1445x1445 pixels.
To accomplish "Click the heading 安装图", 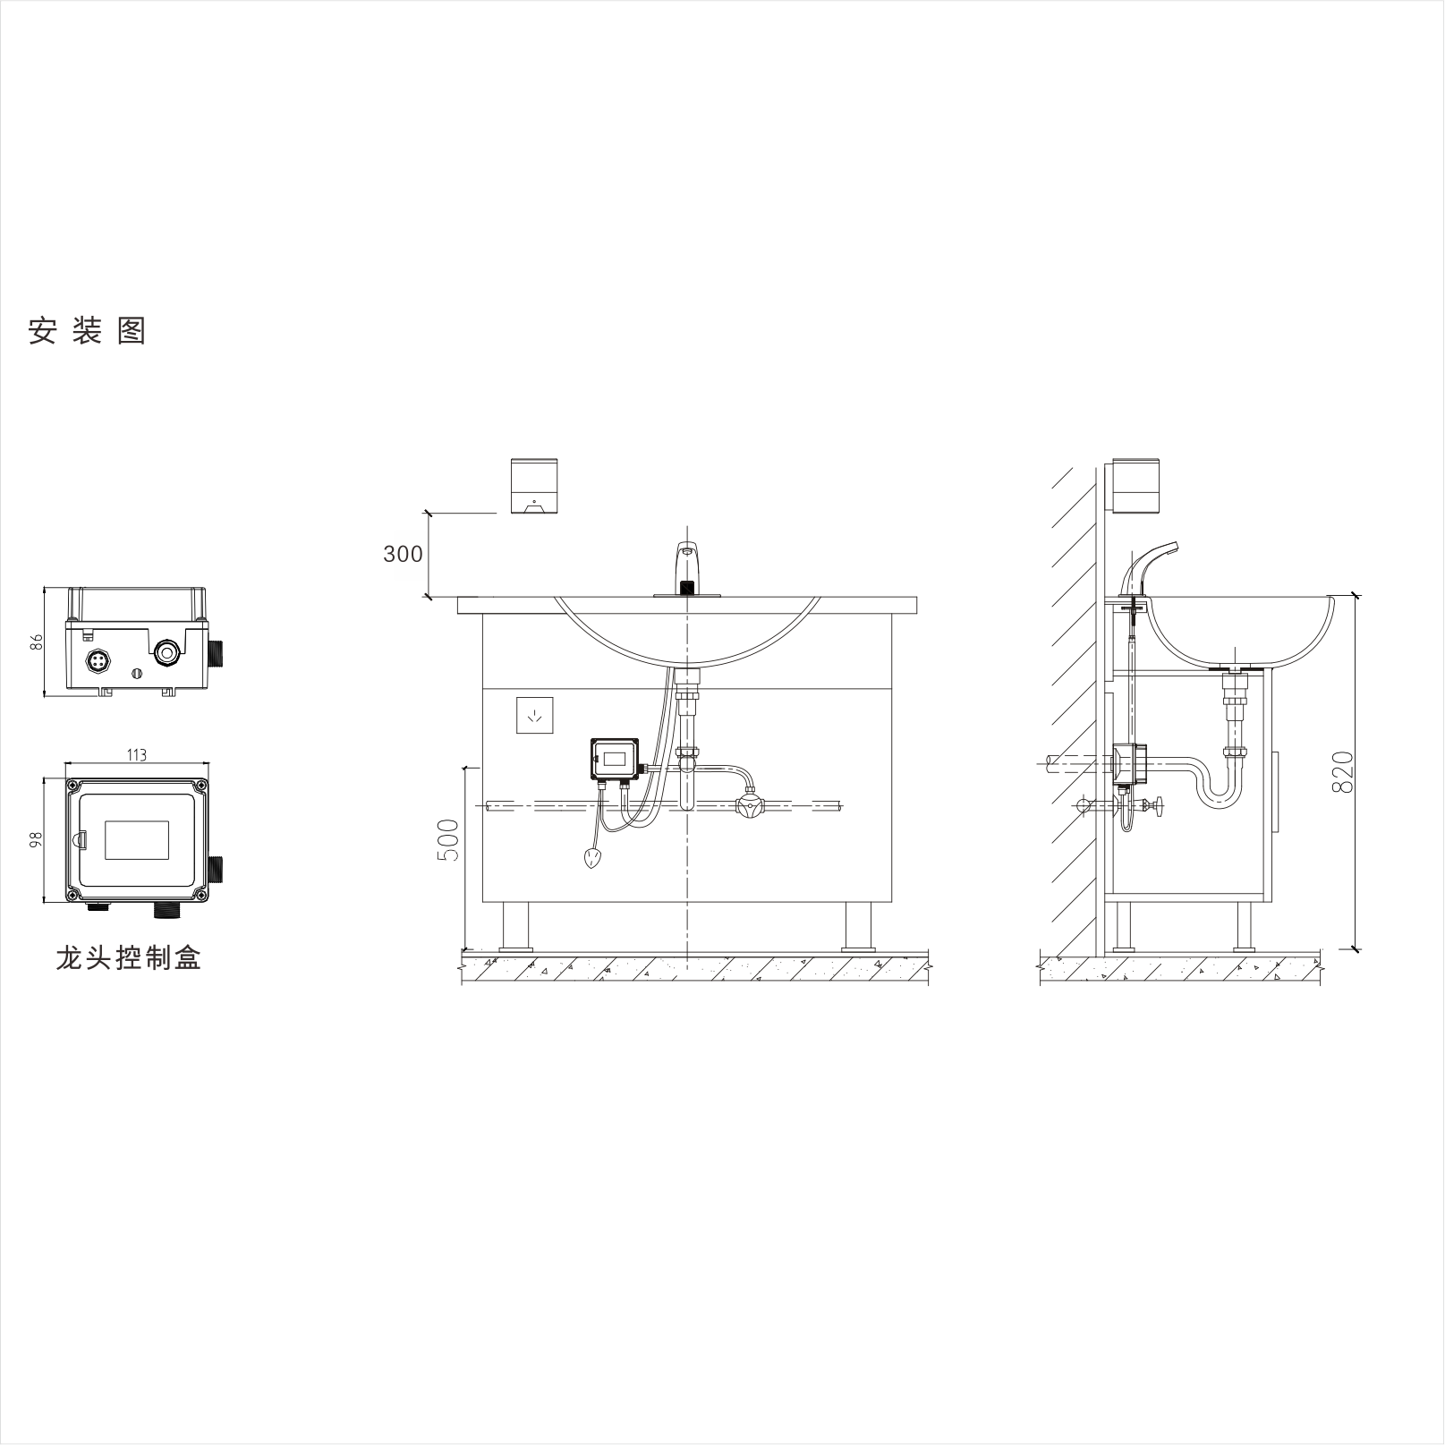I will click(87, 331).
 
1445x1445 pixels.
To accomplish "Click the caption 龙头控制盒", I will click(128, 958).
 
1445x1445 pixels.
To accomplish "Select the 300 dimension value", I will click(403, 555).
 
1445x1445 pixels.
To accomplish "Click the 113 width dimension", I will click(136, 755).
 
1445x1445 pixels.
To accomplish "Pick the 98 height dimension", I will click(37, 839).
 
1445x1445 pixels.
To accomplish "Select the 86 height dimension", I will click(37, 642).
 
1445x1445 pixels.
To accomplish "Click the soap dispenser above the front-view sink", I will click(534, 486).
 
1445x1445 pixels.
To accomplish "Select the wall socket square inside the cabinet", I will click(535, 715).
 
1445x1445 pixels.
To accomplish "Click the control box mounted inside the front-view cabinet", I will click(615, 759).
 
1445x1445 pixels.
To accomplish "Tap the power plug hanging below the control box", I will click(592, 860).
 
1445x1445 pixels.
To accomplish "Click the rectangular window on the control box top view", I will click(137, 839).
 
